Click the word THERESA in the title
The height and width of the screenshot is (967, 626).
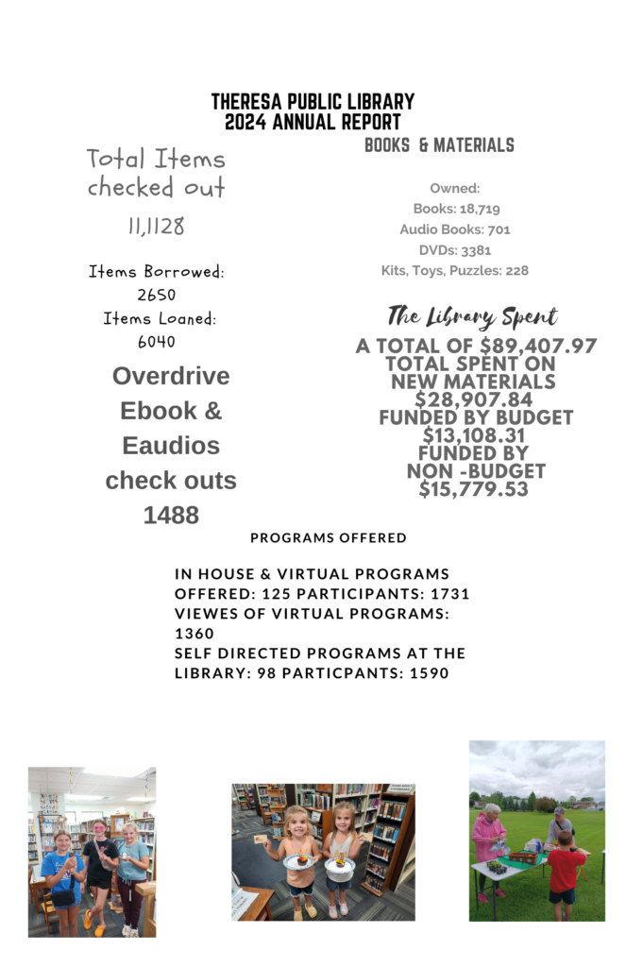248,102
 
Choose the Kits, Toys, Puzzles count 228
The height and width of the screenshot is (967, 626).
516,271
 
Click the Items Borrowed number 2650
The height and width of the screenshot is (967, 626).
157,295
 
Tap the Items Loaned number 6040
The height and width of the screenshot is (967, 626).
157,342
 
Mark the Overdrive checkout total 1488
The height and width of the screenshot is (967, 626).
171,515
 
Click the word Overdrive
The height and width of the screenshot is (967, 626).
171,376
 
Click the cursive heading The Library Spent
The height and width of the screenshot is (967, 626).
472,316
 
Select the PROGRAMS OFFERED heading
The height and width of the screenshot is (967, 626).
329,538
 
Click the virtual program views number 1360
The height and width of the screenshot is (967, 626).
195,634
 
